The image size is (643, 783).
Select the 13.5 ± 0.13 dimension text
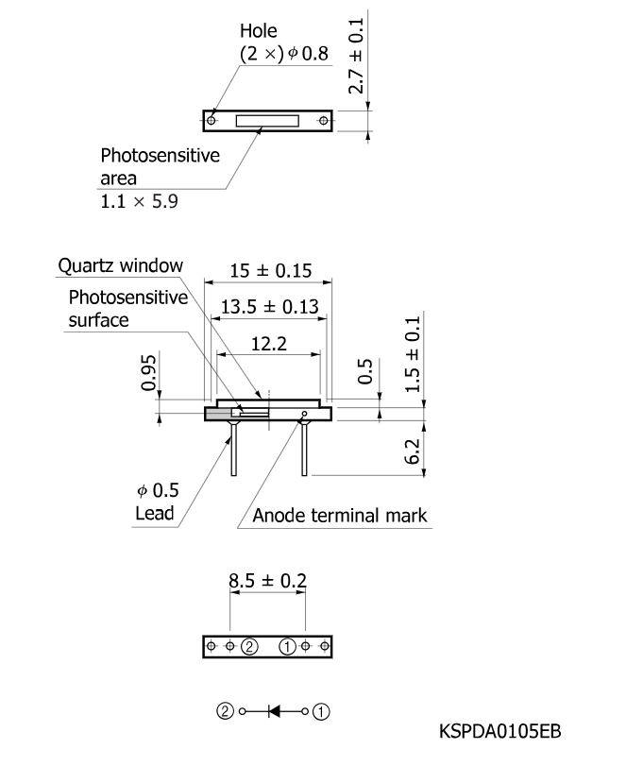[269, 307]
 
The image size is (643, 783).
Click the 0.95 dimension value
[148, 372]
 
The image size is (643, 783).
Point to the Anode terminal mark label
[340, 516]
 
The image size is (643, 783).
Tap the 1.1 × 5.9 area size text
[140, 201]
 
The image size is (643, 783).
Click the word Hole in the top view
[258, 32]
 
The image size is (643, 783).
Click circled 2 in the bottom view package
[249, 646]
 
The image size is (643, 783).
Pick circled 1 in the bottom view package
[288, 646]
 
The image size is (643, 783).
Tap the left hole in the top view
[212, 121]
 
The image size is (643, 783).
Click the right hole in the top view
[324, 121]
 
